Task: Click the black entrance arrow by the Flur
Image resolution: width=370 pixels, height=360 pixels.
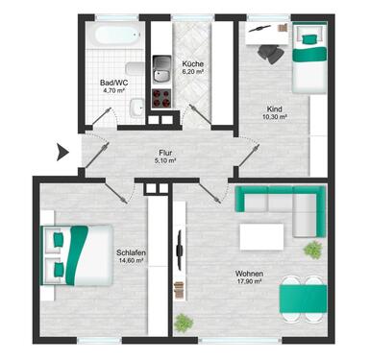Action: click(62, 150)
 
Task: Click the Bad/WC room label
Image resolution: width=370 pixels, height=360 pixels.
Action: click(113, 83)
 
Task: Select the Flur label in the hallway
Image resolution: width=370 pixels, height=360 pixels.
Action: click(166, 152)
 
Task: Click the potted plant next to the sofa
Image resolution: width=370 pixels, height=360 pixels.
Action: click(312, 250)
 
